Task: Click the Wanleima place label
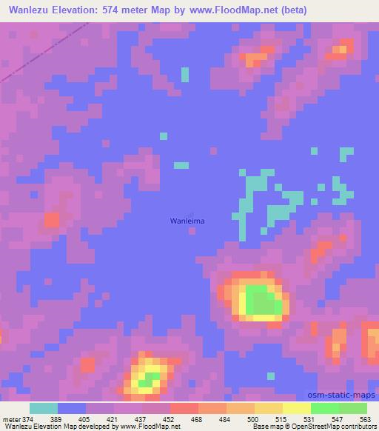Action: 184,220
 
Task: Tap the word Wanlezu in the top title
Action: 29,10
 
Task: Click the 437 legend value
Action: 139,419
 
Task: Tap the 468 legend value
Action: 197,419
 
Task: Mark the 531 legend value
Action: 309,419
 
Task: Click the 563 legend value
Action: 365,419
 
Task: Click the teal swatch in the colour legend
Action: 44,408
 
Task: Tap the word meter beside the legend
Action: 10,419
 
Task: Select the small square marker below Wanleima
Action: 192,230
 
